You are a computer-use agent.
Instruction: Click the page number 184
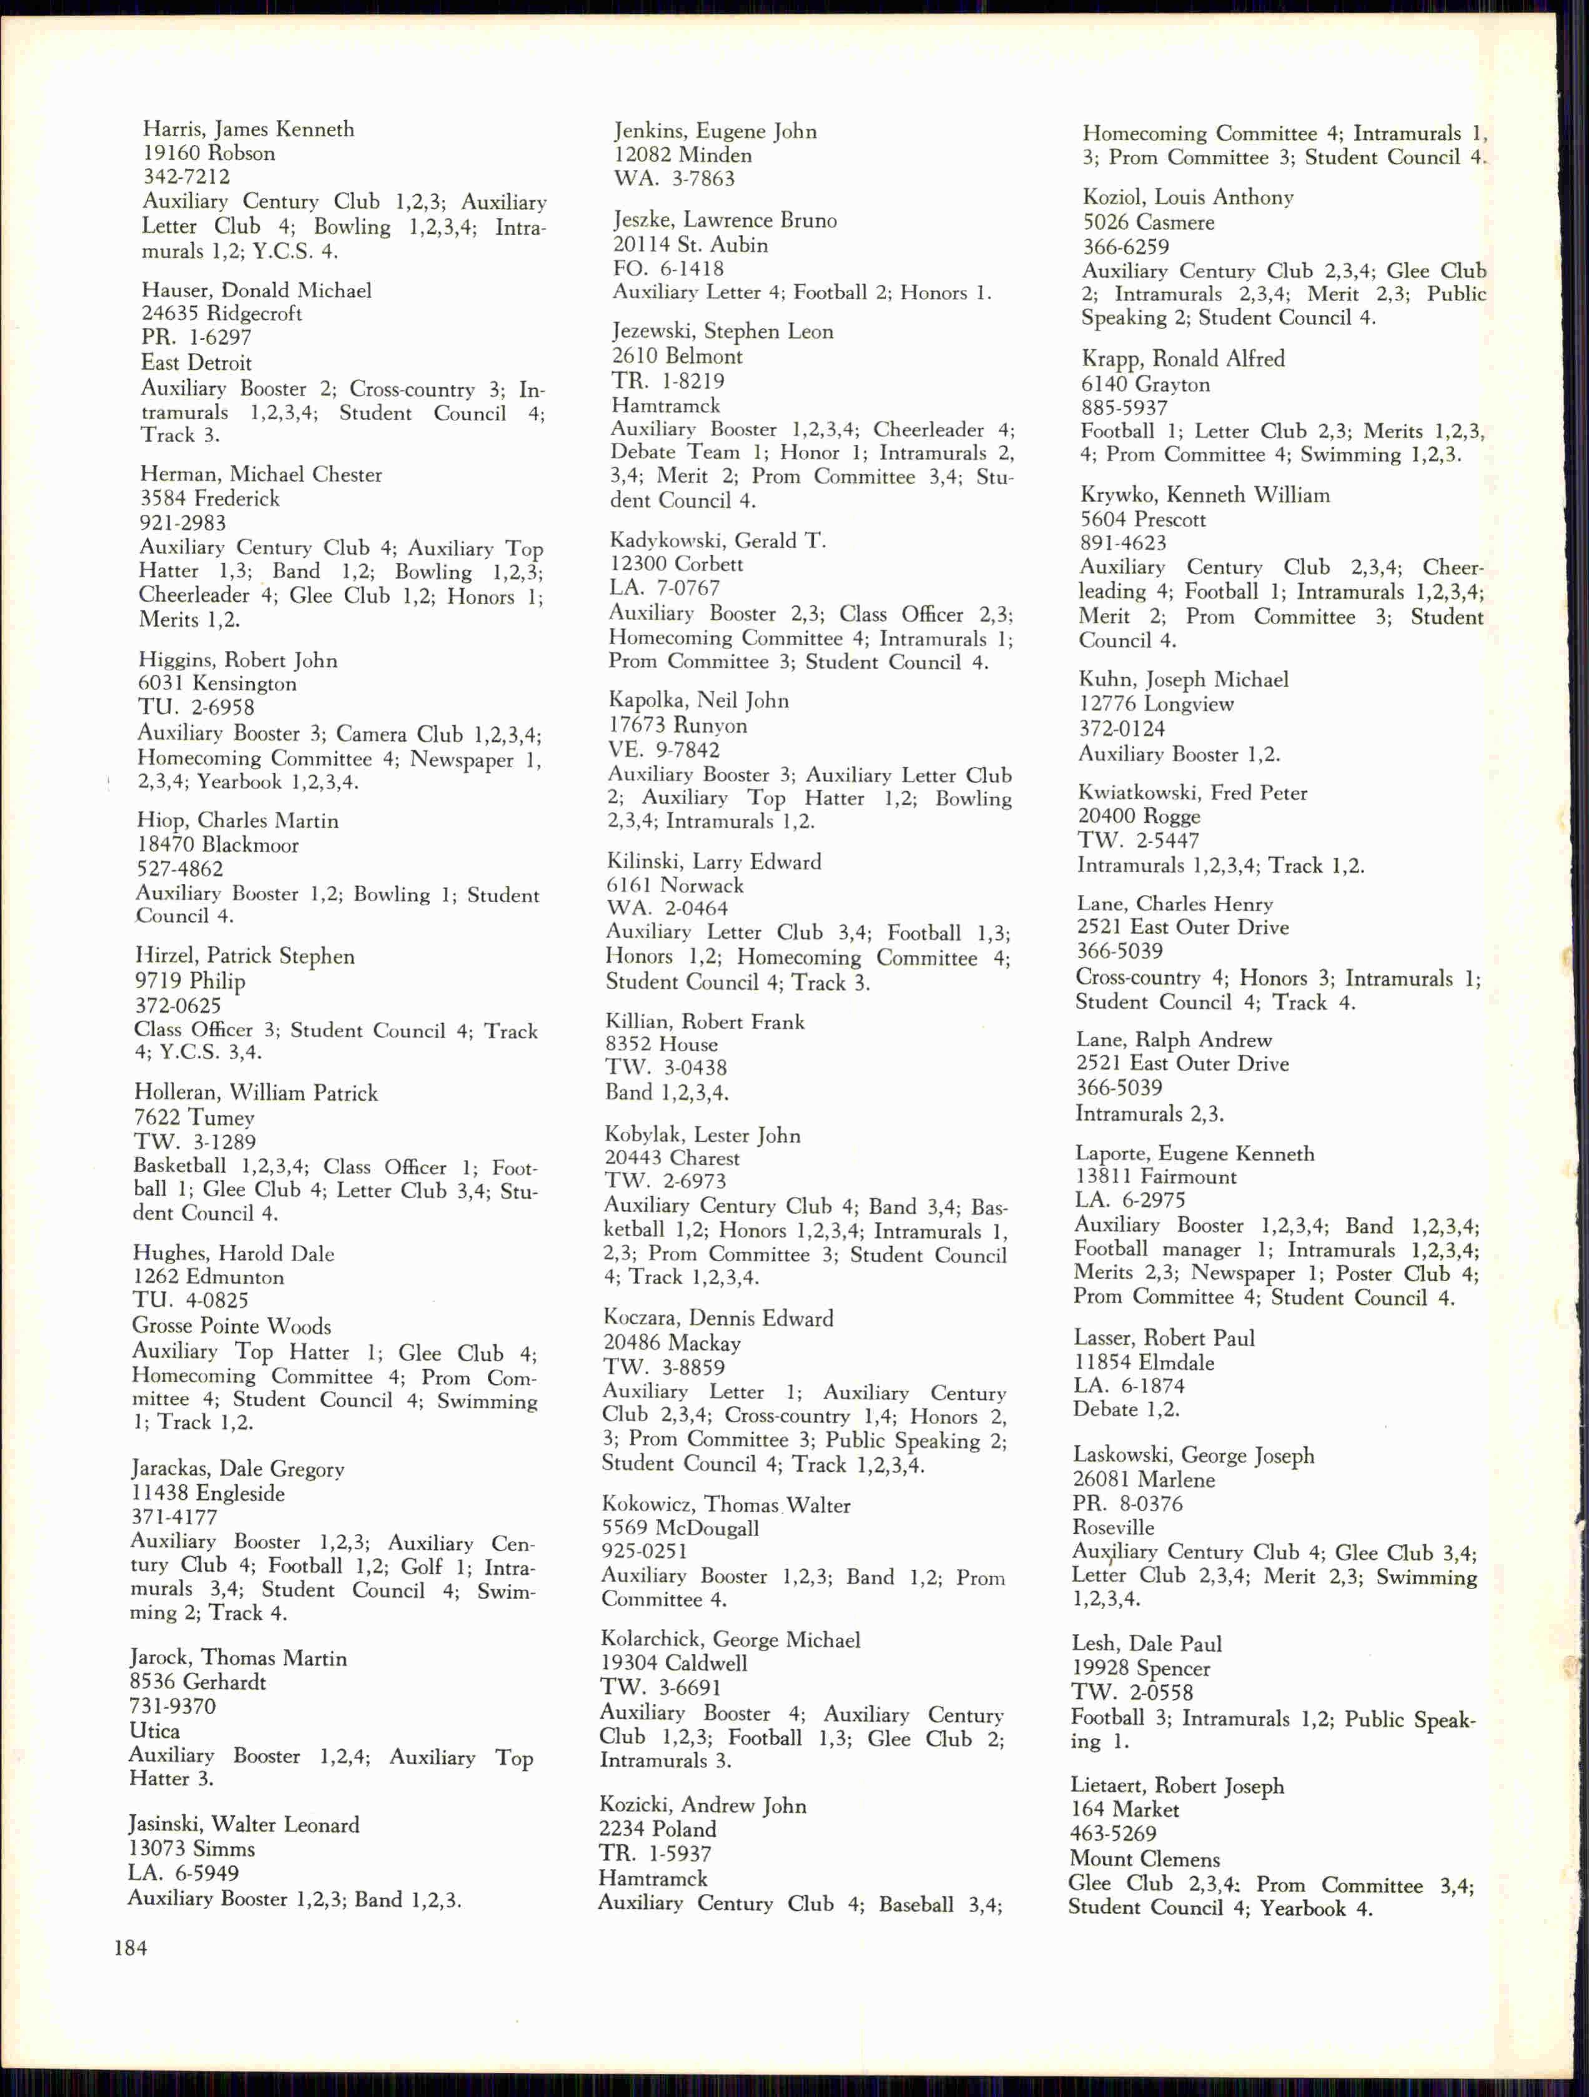click(x=131, y=1948)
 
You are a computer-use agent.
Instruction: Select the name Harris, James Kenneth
click(x=249, y=129)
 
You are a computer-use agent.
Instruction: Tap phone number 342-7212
click(x=186, y=176)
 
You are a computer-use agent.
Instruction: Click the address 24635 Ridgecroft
click(x=221, y=314)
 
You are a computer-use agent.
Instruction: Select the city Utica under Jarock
click(x=154, y=1730)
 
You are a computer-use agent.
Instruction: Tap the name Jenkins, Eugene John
click(x=714, y=131)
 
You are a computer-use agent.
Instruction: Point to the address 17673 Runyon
click(x=677, y=725)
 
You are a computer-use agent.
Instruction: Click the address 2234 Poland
click(x=657, y=1829)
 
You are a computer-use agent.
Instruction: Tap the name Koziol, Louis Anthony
click(x=1188, y=197)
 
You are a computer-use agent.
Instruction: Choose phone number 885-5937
click(x=1124, y=408)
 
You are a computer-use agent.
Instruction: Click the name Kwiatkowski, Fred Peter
click(x=1192, y=793)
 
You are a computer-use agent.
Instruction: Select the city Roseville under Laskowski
click(x=1113, y=1527)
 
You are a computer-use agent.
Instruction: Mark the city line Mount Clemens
click(x=1144, y=1859)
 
